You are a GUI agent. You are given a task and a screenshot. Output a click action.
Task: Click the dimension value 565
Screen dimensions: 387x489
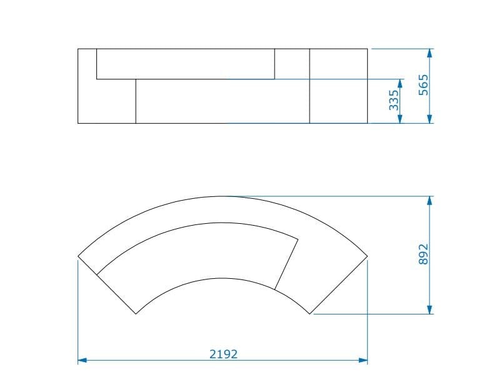(x=423, y=85)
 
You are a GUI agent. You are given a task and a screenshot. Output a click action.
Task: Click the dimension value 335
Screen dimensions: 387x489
(x=393, y=101)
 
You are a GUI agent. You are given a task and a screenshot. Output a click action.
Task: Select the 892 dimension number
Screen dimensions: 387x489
(x=423, y=255)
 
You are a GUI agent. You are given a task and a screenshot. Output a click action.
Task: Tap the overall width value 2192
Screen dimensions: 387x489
(x=223, y=354)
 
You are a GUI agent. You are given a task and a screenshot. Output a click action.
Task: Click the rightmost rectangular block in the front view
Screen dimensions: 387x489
(x=338, y=86)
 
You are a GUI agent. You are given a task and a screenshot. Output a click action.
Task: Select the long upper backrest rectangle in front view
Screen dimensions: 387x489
(x=185, y=64)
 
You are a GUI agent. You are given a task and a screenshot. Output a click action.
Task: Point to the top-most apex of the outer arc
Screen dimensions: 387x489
(x=223, y=196)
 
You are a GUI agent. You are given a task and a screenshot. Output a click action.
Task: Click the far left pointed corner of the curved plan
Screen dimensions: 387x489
(x=78, y=256)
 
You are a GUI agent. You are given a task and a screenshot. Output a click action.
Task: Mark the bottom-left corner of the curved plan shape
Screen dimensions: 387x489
(x=136, y=313)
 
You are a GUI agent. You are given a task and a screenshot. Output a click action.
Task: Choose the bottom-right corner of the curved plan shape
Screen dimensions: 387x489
(x=310, y=313)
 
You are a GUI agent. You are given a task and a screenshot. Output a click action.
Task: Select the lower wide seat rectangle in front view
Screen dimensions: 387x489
(x=222, y=101)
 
